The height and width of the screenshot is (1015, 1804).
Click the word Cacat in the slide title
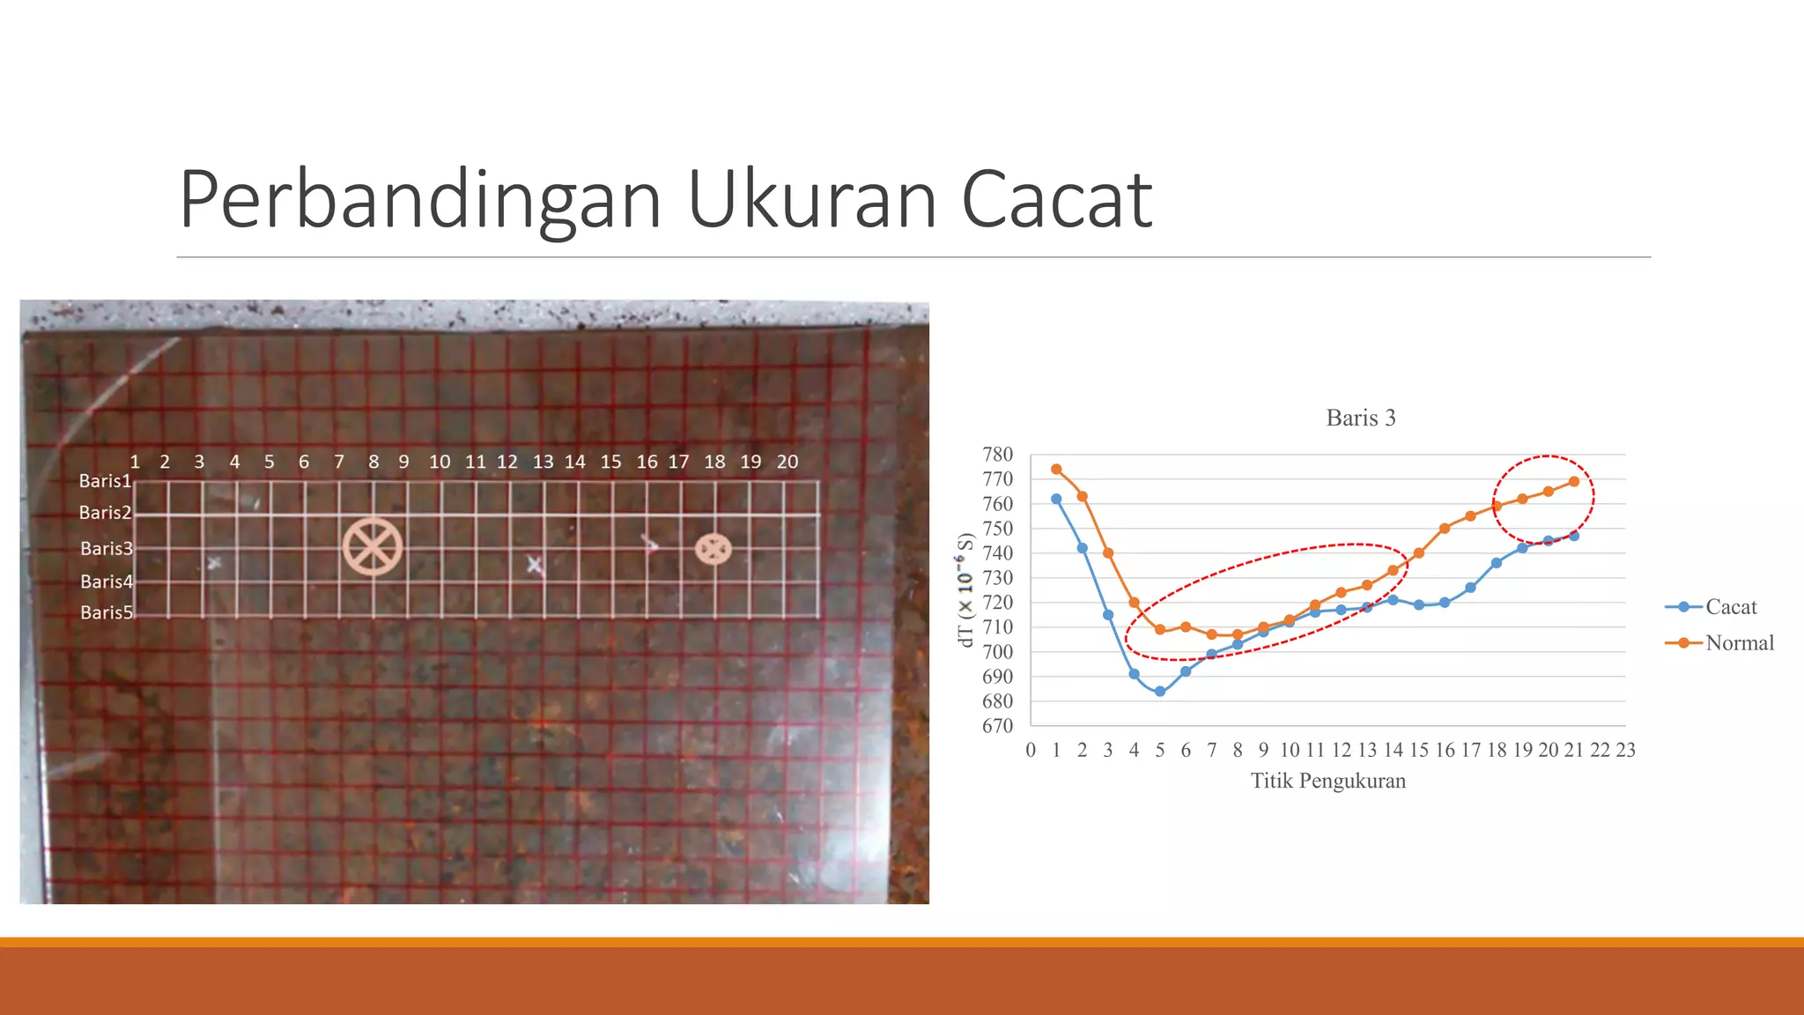[1056, 200]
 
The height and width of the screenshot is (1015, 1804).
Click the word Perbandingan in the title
[420, 200]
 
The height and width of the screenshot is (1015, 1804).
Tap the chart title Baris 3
[1361, 418]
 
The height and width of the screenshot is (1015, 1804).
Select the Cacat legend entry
[1730, 607]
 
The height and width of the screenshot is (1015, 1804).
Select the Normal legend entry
[1739, 643]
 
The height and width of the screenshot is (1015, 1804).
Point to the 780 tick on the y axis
[997, 455]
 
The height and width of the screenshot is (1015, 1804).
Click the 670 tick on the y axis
[997, 726]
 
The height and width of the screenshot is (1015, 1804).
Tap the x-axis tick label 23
[1625, 750]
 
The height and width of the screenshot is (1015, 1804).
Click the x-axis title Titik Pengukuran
[1328, 781]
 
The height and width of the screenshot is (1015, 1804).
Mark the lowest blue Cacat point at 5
[1160, 692]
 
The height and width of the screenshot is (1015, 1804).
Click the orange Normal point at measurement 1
[1056, 470]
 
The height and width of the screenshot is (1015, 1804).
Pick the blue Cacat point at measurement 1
[1056, 499]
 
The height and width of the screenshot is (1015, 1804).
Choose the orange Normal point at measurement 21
[1574, 482]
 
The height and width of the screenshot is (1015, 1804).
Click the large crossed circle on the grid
[373, 546]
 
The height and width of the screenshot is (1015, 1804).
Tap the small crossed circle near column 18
[713, 549]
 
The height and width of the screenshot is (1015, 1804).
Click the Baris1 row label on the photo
[105, 481]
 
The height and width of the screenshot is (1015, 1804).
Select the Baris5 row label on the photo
[106, 612]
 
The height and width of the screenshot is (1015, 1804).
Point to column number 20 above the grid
[787, 462]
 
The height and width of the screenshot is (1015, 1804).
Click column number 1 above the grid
[135, 462]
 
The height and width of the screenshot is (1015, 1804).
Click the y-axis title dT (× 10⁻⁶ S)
[965, 589]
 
